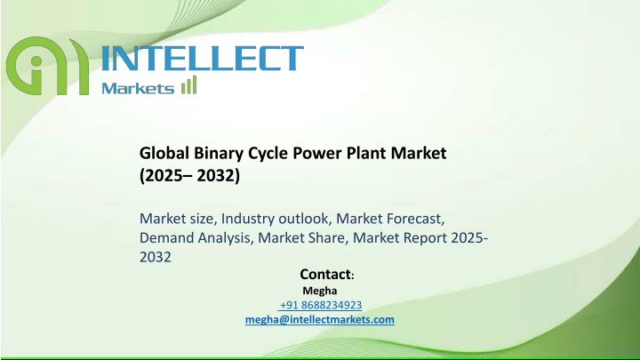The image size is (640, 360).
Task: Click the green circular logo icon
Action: click(x=47, y=65)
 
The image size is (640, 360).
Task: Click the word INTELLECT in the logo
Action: click(x=203, y=59)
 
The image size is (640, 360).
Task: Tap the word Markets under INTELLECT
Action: click(x=138, y=88)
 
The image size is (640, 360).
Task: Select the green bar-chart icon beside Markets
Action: click(x=189, y=85)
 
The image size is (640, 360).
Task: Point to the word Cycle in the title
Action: click(x=268, y=154)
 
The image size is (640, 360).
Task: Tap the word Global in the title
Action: click(x=164, y=153)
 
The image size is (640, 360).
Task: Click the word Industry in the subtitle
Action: click(x=248, y=219)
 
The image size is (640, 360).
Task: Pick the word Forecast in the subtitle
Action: click(x=415, y=219)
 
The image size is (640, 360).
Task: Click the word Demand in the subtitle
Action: click(x=166, y=237)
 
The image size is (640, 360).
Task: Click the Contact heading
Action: click(x=327, y=275)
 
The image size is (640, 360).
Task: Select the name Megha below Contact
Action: click(x=320, y=291)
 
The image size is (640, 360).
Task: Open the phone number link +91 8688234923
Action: click(x=321, y=305)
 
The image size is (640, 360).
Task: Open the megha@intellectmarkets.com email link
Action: click(x=320, y=320)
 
